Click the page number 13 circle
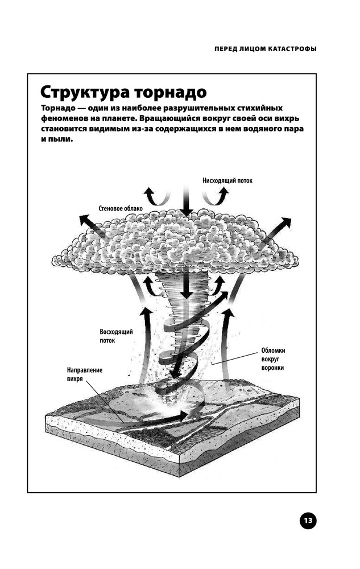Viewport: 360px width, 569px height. coord(308,521)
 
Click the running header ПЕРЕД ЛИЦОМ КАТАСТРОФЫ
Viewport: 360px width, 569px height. coord(266,49)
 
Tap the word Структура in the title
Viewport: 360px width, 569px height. coord(85,93)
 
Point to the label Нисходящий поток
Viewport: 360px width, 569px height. coord(227,180)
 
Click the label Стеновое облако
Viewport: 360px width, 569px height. coord(121,209)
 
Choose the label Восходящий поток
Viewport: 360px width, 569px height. coord(116,336)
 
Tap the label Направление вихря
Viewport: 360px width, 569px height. coord(85,374)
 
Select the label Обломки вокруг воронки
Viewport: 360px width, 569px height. coord(273,359)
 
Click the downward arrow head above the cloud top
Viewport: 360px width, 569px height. coord(187,212)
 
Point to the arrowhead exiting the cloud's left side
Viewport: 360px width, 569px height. coord(85,220)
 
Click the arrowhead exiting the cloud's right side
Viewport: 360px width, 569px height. coord(285,222)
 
